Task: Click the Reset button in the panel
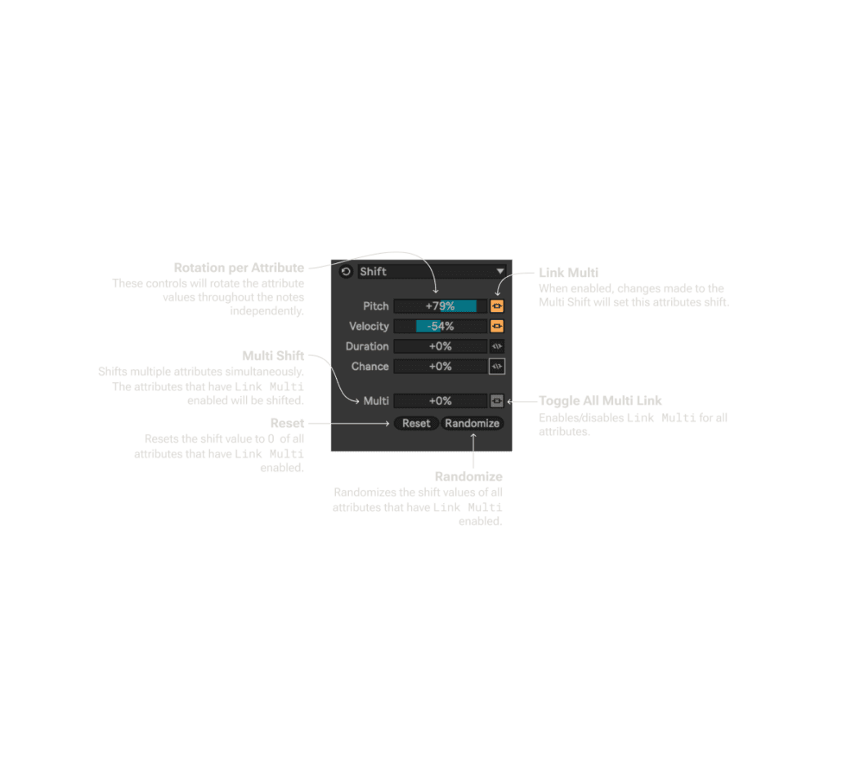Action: (416, 423)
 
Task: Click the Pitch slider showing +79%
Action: (440, 306)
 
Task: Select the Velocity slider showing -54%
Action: (440, 326)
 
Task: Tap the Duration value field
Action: (440, 346)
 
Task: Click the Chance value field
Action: (440, 366)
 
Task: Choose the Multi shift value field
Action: (440, 401)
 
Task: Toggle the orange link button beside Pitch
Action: (497, 306)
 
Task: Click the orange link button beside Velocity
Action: (497, 326)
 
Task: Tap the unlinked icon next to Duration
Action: (497, 346)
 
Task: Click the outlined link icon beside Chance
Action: (497, 366)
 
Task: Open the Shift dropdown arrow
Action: (499, 271)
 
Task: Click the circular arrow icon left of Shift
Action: (346, 271)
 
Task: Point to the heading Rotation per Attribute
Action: (239, 268)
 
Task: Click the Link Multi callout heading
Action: (568, 272)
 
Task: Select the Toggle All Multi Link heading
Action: (600, 401)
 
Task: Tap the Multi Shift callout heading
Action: (273, 356)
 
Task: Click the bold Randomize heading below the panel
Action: (468, 476)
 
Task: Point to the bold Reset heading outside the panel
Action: (287, 423)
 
